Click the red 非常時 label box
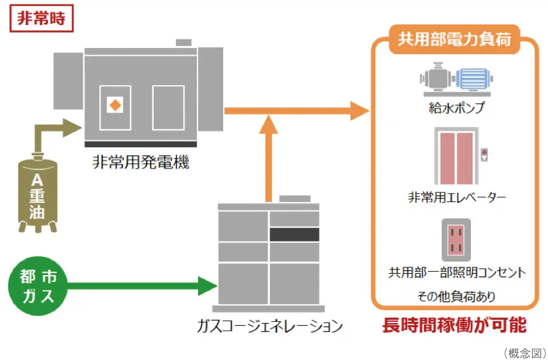[x=41, y=18]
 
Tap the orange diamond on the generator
[x=115, y=105]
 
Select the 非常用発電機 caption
[x=140, y=163]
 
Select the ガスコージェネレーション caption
[x=269, y=326]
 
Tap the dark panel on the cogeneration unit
[x=294, y=234]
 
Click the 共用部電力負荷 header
[x=454, y=41]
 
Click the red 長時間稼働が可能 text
[x=454, y=325]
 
